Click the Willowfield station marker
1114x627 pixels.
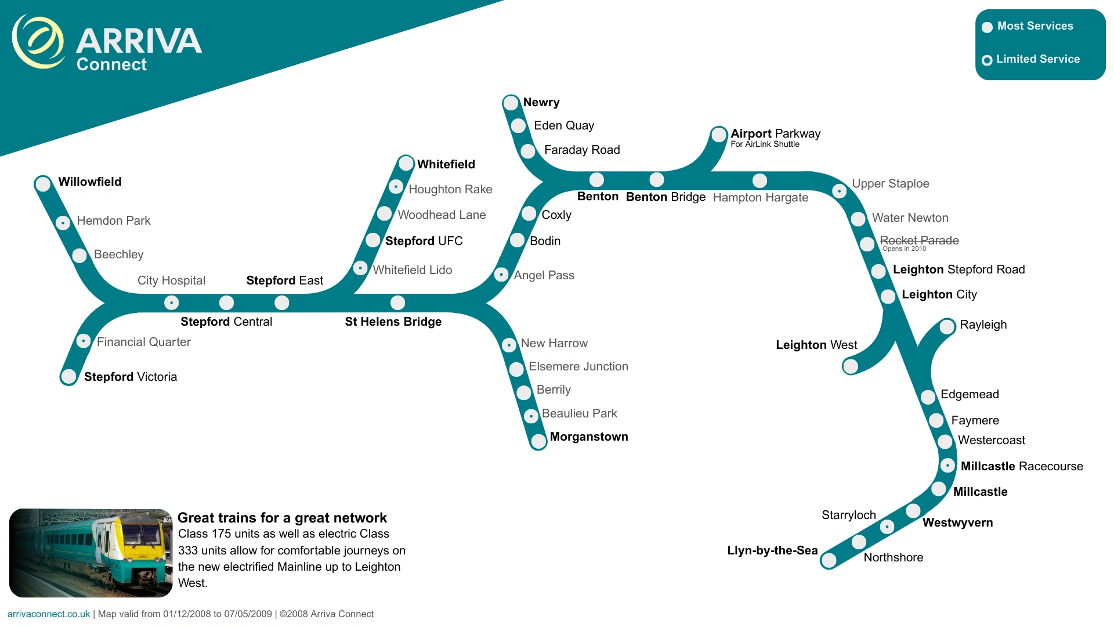(x=43, y=184)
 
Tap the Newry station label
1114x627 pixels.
(x=541, y=102)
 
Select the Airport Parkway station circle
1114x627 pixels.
(x=719, y=135)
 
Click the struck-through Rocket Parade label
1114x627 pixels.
(x=919, y=240)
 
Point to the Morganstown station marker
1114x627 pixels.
(x=538, y=441)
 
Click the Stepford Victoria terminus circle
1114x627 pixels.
(x=69, y=377)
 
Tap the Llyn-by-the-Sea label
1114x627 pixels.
(x=772, y=550)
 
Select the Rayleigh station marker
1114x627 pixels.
(x=947, y=326)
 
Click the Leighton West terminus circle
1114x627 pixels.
(x=851, y=366)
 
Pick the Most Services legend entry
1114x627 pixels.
(x=1028, y=26)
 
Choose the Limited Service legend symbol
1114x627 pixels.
(x=987, y=60)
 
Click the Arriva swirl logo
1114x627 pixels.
(x=38, y=42)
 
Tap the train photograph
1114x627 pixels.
(x=91, y=553)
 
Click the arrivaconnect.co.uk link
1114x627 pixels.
(x=49, y=614)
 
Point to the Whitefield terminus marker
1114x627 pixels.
(x=406, y=163)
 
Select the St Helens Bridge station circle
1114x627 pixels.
(x=397, y=302)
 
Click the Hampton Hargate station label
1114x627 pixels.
(x=760, y=197)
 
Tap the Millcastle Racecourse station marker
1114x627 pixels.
(x=947, y=466)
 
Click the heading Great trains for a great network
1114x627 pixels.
(x=282, y=517)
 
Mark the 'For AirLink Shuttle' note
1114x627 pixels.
(x=765, y=144)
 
